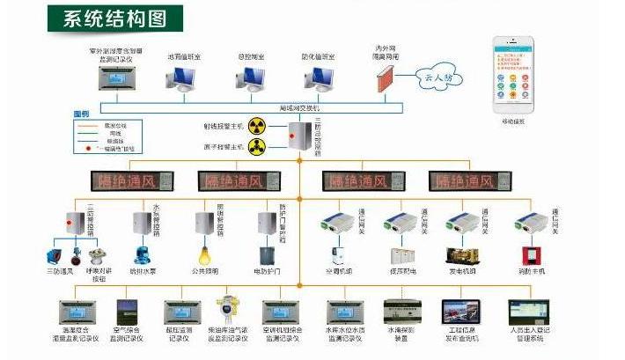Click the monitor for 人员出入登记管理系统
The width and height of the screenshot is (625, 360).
pos(528,311)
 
